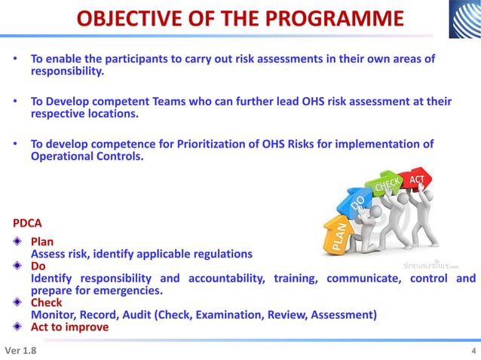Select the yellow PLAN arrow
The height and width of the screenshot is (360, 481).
tap(337, 234)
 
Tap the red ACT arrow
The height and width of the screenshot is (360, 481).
tap(417, 179)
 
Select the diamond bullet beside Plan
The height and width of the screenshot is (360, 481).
tap(18, 243)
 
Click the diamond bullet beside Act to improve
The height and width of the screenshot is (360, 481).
tap(18, 327)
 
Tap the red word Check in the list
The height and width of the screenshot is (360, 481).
tap(47, 303)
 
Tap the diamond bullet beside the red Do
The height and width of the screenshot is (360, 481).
tap(18, 267)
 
